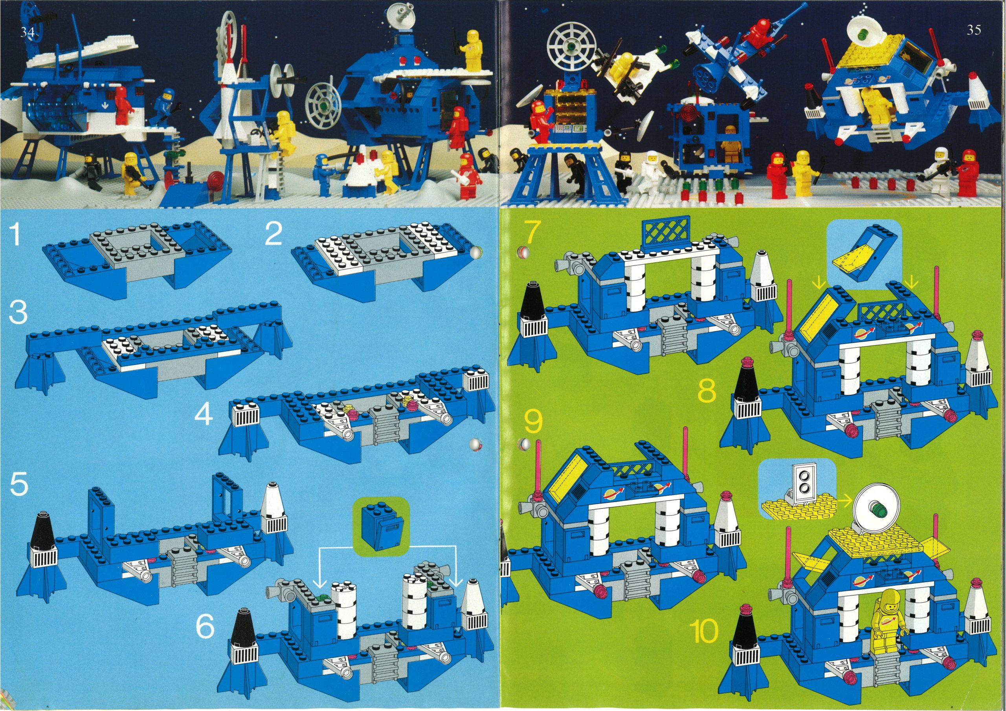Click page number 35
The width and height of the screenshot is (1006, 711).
[x=974, y=30]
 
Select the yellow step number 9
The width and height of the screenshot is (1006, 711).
[x=533, y=421]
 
